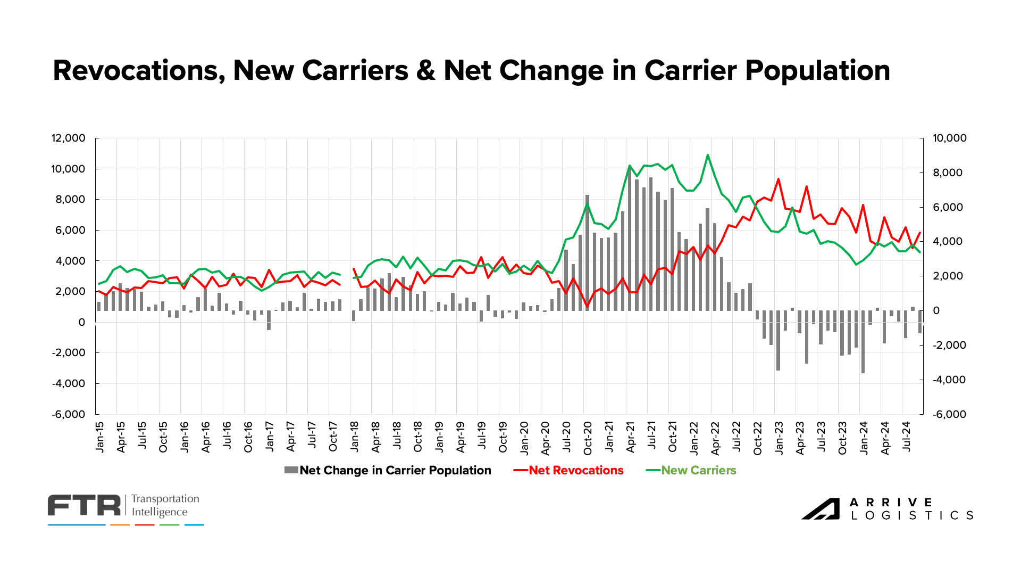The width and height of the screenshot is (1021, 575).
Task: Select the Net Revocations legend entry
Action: (x=575, y=471)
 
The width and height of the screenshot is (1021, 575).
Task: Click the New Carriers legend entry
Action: (x=698, y=471)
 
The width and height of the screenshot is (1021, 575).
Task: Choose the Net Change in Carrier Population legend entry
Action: (x=395, y=471)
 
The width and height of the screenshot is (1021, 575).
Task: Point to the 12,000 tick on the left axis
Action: (x=68, y=138)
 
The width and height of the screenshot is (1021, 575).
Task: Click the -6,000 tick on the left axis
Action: (x=68, y=414)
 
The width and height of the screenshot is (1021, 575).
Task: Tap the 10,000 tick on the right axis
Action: (x=950, y=138)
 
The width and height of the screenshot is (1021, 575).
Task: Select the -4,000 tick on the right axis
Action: (x=950, y=380)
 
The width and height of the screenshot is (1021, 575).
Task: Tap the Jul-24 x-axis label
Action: (x=906, y=437)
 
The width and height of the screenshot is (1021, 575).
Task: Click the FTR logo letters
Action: (x=84, y=505)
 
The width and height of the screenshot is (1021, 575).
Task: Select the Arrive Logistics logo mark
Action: (x=821, y=509)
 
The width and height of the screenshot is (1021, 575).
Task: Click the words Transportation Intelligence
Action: (x=165, y=505)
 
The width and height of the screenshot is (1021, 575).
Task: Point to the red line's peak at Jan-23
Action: (x=778, y=179)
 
